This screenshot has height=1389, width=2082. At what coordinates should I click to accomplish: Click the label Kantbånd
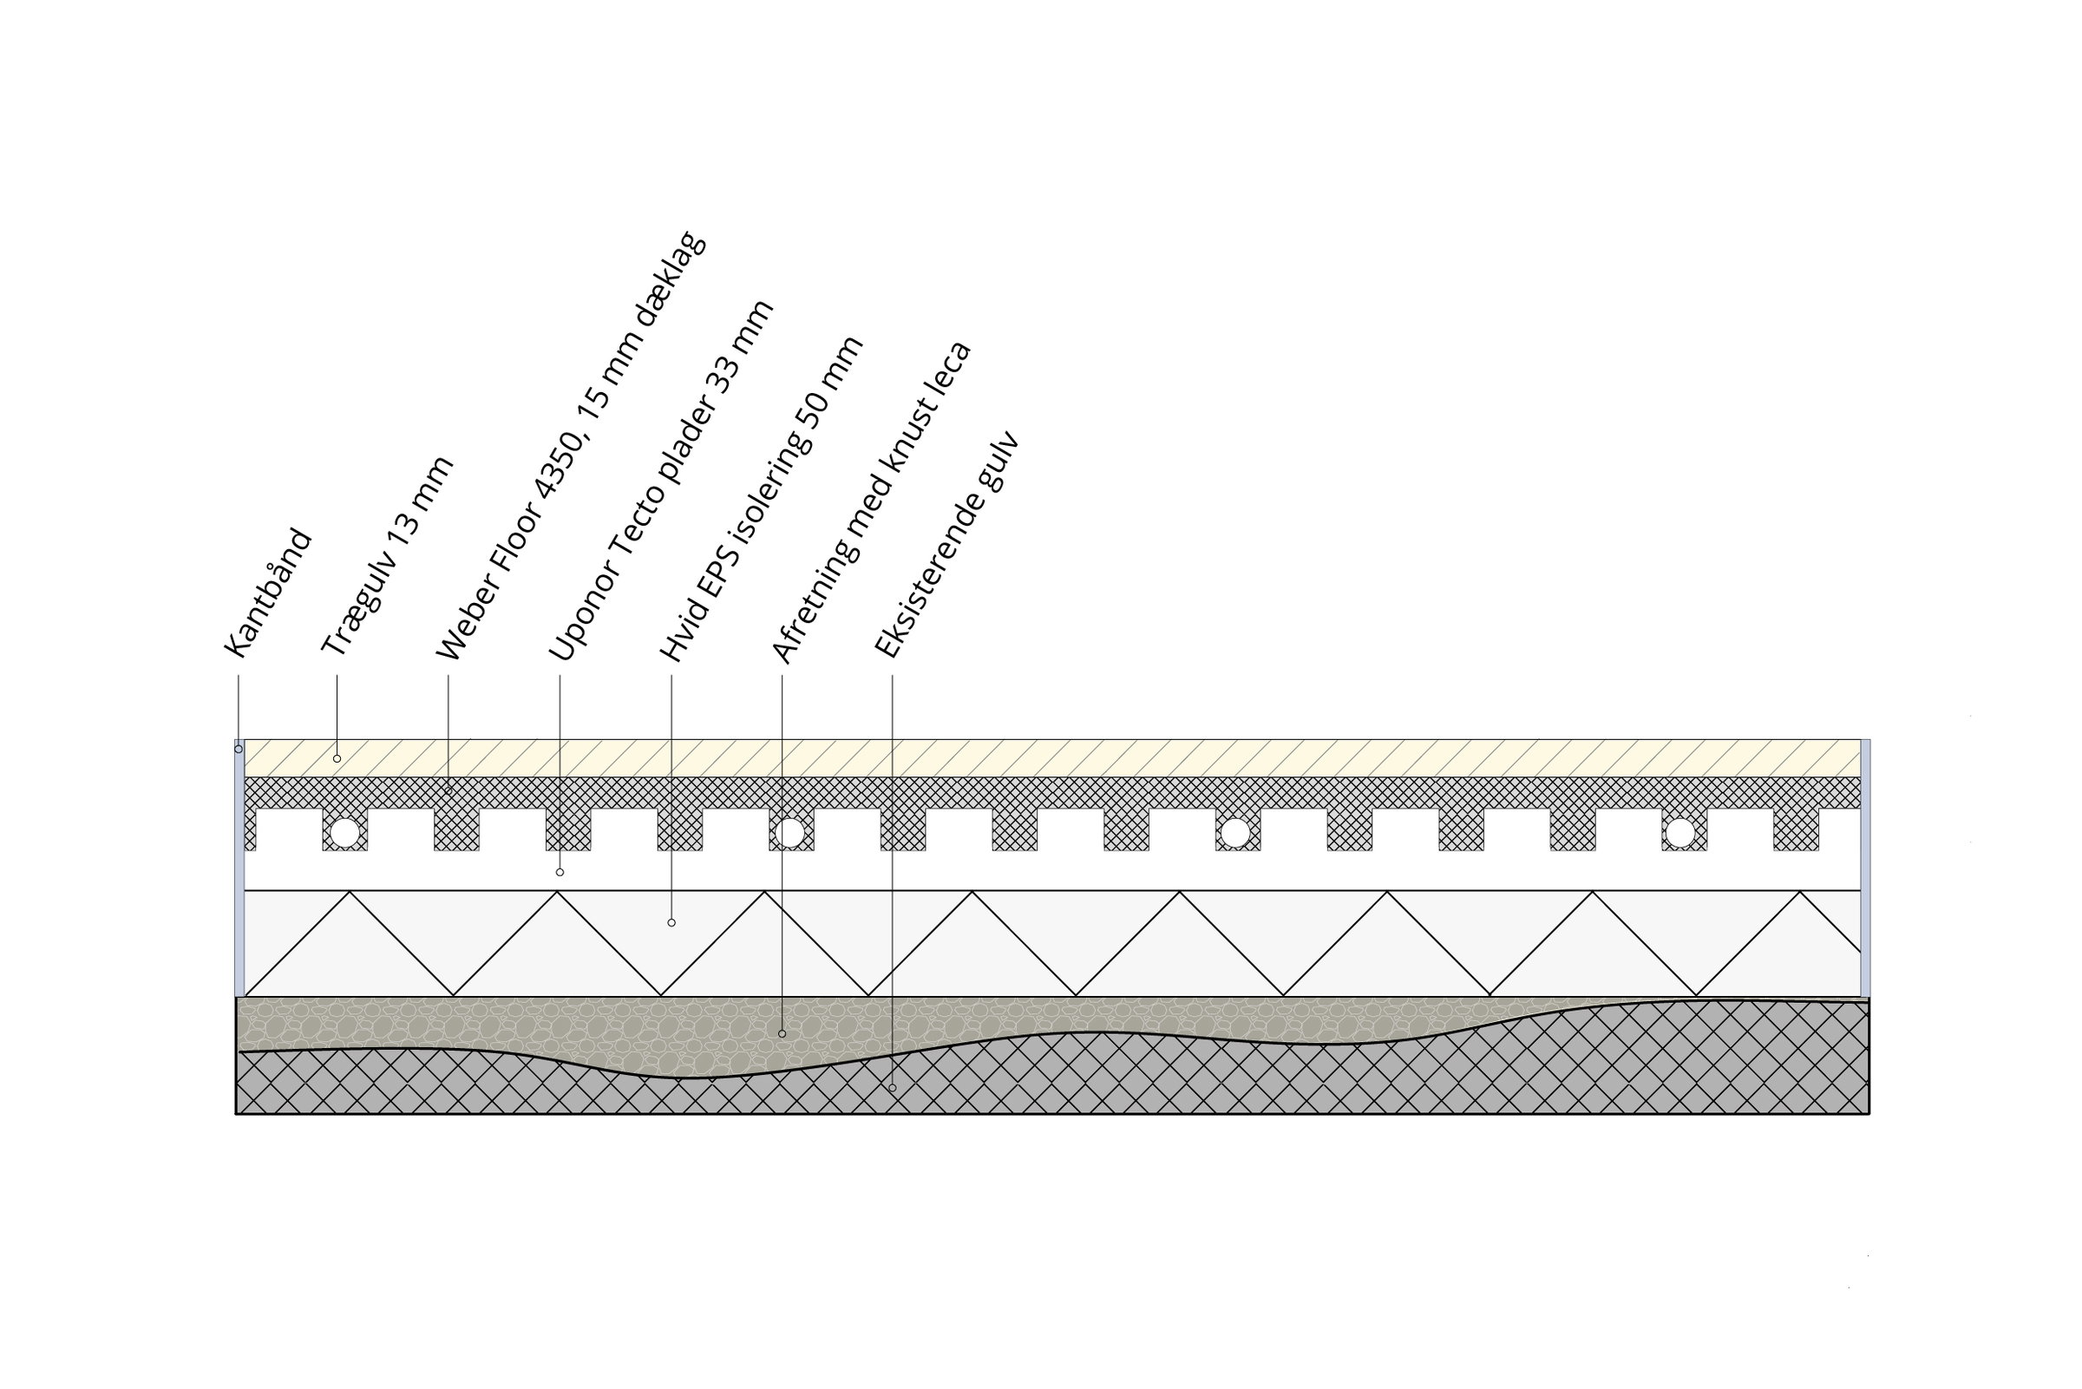(x=268, y=593)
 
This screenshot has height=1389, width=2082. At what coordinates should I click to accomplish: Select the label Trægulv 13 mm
(x=387, y=556)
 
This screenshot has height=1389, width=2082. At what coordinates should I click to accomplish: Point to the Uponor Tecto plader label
(x=662, y=480)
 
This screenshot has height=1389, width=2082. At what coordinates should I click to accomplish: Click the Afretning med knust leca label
(x=872, y=502)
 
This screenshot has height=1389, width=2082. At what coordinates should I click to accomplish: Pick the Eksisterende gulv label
(x=946, y=546)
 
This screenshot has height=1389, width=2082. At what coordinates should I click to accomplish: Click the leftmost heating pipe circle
(x=344, y=834)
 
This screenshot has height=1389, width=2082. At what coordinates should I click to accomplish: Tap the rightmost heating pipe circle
(x=1680, y=834)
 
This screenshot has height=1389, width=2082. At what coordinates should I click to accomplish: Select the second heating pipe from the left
(x=789, y=834)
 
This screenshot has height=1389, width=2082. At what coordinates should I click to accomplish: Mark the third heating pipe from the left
(x=1235, y=834)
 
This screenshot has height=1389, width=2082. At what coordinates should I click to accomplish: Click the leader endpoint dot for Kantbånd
(x=239, y=750)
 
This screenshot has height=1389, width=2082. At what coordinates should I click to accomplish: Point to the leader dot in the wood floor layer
(x=337, y=759)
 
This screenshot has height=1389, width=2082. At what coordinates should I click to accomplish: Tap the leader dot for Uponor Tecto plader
(x=560, y=873)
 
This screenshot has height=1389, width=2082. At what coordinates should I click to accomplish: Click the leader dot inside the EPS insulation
(x=671, y=923)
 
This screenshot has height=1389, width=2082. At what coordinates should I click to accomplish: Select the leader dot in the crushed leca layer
(x=782, y=1034)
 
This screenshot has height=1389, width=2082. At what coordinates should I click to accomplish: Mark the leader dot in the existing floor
(x=892, y=1088)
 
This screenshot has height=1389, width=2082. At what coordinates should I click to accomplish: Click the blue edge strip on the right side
(x=1865, y=868)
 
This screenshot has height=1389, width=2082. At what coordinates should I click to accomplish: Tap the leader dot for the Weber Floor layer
(x=448, y=791)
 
